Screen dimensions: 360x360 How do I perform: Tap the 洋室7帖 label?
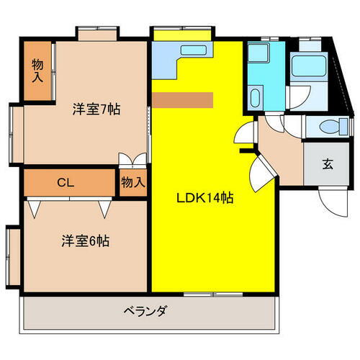pyautogui.click(x=95, y=110)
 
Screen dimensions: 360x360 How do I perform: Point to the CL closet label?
pyautogui.click(x=66, y=181)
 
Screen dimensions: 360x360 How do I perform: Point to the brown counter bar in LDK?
pyautogui.click(x=183, y=99)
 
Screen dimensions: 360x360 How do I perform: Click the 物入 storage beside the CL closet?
pyautogui.click(x=133, y=181)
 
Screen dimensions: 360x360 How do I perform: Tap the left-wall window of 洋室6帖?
pyautogui.click(x=12, y=257)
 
